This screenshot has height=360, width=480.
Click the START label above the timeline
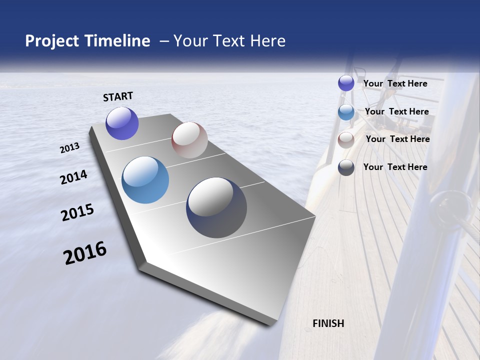coord(118,96)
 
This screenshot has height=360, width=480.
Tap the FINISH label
coord(328,323)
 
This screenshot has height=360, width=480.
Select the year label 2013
coord(70,148)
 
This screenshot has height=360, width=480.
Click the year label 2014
coord(74,177)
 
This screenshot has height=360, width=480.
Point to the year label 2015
coord(77,212)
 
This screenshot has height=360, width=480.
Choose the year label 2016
coord(85,253)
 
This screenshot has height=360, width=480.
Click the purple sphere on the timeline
coord(122,123)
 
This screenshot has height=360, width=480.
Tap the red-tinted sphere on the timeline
coord(189,140)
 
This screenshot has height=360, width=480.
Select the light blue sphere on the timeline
coord(145,180)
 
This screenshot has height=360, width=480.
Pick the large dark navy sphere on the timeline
coord(216,207)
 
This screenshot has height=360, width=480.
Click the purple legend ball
coord(346,83)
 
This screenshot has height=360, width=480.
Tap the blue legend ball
coord(346,112)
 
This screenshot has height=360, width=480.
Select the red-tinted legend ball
coord(346,140)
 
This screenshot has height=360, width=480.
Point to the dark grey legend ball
coord(346,167)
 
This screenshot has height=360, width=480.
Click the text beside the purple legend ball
coord(395,83)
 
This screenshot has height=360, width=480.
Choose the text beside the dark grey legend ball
coord(395,167)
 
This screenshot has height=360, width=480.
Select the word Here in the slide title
coord(268,41)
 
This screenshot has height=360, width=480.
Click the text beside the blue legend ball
coord(396,111)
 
